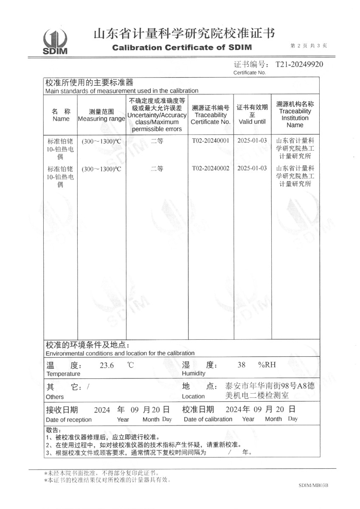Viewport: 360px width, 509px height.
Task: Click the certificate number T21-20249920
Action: click(x=300, y=64)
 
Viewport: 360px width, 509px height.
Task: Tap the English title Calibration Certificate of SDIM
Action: click(x=182, y=48)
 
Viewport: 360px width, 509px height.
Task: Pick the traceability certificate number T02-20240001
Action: click(x=211, y=141)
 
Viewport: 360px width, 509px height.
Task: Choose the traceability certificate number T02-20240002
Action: click(x=211, y=168)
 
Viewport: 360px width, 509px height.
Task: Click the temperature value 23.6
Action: click(x=107, y=366)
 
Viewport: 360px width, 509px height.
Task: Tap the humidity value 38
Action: click(x=242, y=365)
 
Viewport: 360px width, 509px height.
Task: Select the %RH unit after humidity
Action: click(x=267, y=365)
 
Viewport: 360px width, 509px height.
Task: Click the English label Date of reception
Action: click(x=68, y=420)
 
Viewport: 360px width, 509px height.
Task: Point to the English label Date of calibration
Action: click(x=208, y=419)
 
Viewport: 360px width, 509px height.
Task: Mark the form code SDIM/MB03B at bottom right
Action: click(x=314, y=485)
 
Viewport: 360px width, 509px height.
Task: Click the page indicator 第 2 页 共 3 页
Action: click(x=309, y=46)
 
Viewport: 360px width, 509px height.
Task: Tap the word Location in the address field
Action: click(x=193, y=397)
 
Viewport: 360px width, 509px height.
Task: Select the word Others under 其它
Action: click(x=55, y=397)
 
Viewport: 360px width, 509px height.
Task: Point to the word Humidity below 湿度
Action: click(x=194, y=374)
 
